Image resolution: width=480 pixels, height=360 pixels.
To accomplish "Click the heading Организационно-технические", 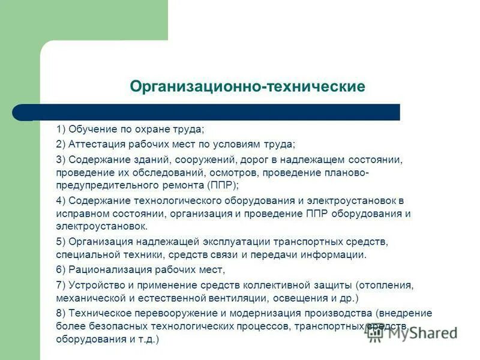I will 247,87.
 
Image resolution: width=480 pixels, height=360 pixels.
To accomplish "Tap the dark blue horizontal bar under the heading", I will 207,112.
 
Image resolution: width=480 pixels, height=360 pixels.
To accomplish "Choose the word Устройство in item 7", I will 94,285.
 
